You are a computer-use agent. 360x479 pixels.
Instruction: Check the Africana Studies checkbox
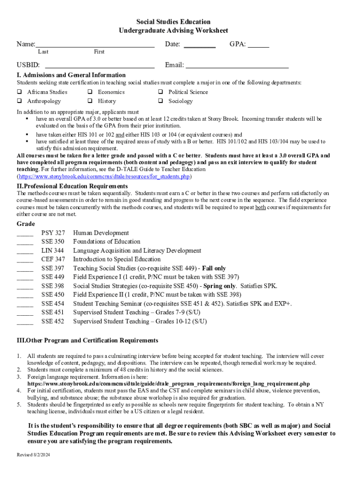tap(20, 92)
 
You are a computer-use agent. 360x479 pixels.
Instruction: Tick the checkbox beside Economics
tap(90, 92)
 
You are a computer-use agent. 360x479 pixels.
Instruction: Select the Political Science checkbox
tap(160, 92)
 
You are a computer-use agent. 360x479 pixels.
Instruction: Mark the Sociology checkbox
tap(160, 101)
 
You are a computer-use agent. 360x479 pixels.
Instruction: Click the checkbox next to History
tap(90, 101)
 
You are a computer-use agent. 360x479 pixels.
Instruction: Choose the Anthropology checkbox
tap(20, 101)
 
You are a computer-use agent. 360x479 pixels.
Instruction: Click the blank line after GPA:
tap(258, 46)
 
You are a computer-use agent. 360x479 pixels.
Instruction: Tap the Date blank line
tap(200, 46)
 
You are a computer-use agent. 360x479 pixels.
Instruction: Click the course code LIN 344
tap(53, 251)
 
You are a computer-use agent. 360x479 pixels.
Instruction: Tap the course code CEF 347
tap(53, 260)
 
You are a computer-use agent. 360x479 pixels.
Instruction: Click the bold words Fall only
tap(214, 269)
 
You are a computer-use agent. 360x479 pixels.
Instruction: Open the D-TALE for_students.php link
tap(104, 177)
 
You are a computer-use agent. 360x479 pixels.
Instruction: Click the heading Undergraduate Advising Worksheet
tap(173, 31)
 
